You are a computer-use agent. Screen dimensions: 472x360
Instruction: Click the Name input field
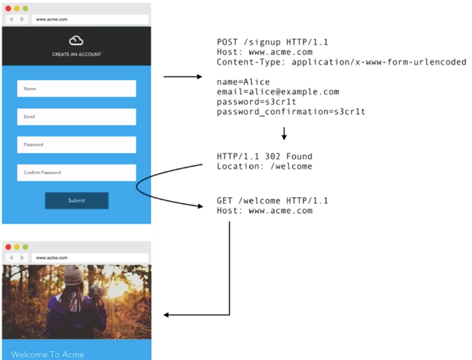pos(76,89)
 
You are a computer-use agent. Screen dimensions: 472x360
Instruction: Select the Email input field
pos(76,117)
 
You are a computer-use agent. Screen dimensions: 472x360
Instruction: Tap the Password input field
pos(76,144)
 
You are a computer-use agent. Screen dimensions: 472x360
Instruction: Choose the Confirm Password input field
pos(76,173)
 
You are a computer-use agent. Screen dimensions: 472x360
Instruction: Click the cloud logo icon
pos(76,41)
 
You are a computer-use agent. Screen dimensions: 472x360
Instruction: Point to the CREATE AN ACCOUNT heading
pos(76,54)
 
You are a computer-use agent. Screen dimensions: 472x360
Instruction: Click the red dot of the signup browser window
pos(8,9)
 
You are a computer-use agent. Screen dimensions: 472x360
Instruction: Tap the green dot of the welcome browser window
pos(25,247)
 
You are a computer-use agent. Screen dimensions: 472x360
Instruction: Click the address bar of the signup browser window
pos(90,20)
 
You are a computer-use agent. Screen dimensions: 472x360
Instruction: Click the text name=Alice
pos(243,82)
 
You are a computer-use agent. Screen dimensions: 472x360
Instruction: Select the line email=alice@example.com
pos(278,91)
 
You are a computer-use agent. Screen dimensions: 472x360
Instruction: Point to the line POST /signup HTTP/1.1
pos(272,42)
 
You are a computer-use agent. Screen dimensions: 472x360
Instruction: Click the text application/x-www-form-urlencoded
pos(378,62)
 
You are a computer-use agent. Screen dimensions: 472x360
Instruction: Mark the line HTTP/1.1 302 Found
pos(264,156)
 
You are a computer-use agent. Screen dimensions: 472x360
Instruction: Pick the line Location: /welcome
pos(264,166)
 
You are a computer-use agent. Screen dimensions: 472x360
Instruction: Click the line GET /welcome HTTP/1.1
pos(272,200)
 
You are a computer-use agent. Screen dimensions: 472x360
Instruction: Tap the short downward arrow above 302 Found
pos(284,134)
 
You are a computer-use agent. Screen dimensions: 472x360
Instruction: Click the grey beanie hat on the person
pos(73,275)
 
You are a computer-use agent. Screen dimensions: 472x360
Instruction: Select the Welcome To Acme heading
pos(47,355)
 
